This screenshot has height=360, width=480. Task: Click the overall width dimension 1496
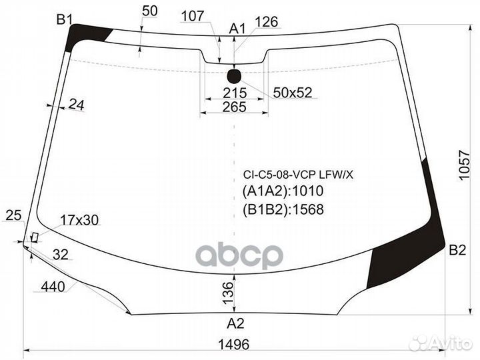pos(234,345)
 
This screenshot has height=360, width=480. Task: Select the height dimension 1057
pos(464,165)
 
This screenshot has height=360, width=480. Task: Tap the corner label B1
pos(64,20)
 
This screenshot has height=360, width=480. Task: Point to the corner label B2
pos(457,250)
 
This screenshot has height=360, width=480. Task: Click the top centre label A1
pos(237,29)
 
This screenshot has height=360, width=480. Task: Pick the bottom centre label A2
pos(235,323)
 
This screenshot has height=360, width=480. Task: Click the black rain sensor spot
pos(234,76)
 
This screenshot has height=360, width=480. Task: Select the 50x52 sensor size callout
pos(293,93)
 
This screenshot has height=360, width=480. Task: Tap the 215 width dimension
pos(235,93)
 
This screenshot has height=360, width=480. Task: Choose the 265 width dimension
pos(235,107)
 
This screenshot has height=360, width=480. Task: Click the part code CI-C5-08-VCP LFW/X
pos(298,175)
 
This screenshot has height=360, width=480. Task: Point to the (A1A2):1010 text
pos(283,191)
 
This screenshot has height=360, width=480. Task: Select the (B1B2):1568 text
pos(283,210)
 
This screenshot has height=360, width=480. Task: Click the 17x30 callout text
pos(79,220)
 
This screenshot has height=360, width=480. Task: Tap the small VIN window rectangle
pos(34,237)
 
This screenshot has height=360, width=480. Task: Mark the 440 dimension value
pos(53,287)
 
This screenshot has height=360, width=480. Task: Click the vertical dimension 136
pos(228,293)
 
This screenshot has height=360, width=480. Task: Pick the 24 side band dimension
pos(76,105)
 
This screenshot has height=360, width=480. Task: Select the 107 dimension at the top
pos(192,16)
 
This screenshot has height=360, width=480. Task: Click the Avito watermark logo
pos(440,342)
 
